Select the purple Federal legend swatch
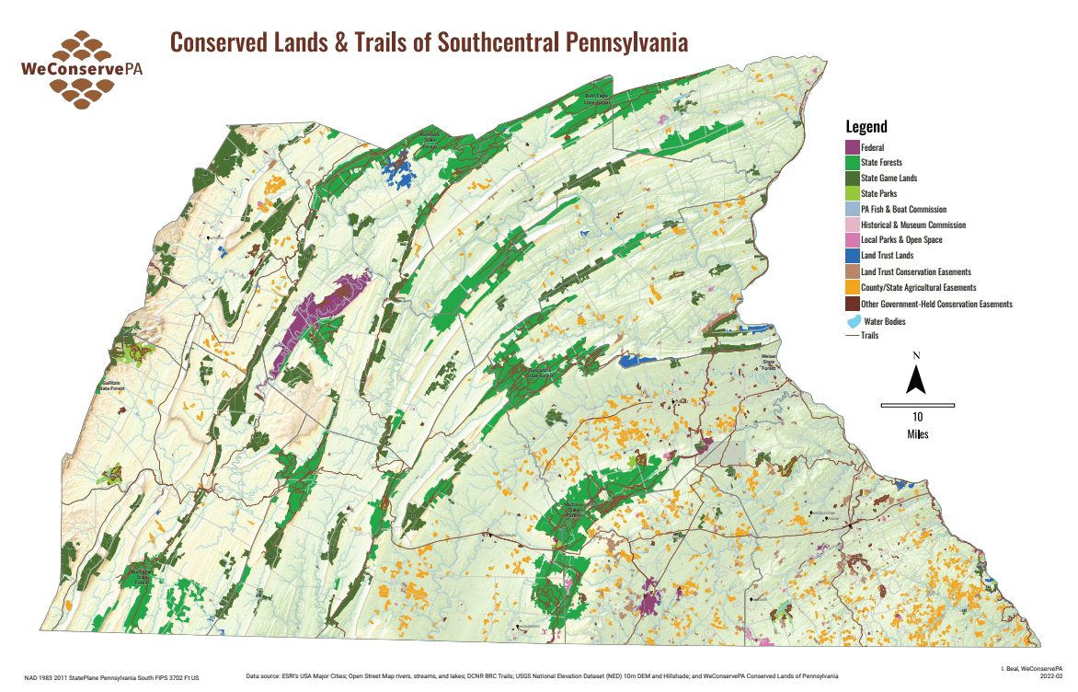(x=852, y=147)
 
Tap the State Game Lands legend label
(x=889, y=178)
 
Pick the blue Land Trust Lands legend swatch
(x=852, y=256)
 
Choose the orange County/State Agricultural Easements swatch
(x=852, y=287)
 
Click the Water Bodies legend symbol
(x=853, y=321)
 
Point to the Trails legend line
(x=852, y=336)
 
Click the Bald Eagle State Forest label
(x=597, y=99)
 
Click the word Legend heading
(x=866, y=127)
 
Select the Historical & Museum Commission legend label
(x=912, y=225)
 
